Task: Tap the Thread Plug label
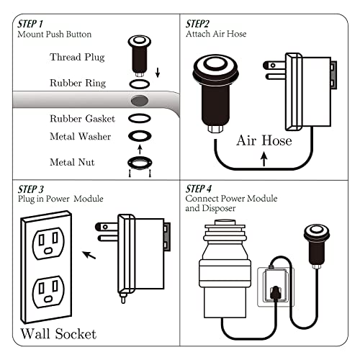(x=76, y=57)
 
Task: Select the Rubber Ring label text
(x=77, y=83)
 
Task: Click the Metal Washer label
(x=79, y=136)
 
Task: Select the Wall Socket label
(x=58, y=333)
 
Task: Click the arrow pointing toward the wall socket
(x=89, y=253)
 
